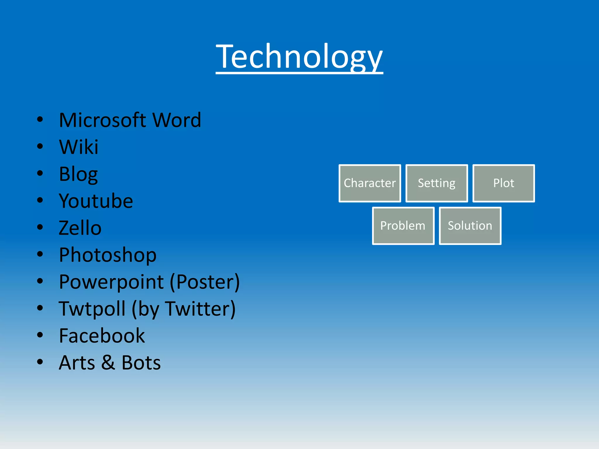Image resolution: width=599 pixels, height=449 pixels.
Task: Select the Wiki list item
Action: pyautogui.click(x=79, y=147)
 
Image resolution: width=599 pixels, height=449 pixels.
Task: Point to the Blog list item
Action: pyautogui.click(x=78, y=175)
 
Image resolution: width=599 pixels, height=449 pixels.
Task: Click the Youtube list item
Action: pyautogui.click(x=96, y=201)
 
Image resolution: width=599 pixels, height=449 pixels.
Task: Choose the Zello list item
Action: pyautogui.click(x=80, y=228)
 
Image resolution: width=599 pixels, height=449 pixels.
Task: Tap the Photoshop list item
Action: pyautogui.click(x=108, y=255)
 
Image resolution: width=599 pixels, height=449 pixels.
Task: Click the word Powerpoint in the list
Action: pyautogui.click(x=111, y=282)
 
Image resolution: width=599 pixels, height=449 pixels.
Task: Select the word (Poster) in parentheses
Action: pyautogui.click(x=205, y=282)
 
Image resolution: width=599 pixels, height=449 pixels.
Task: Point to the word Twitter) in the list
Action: pyautogui.click(x=200, y=309)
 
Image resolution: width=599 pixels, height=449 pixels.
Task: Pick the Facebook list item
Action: pyautogui.click(x=102, y=336)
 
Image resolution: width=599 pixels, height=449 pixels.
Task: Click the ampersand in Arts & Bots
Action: pyautogui.click(x=108, y=363)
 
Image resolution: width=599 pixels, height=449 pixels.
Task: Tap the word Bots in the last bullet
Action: pyautogui.click(x=141, y=363)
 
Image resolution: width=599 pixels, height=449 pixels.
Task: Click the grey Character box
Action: pyautogui.click(x=370, y=183)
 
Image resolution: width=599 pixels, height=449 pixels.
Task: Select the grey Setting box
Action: pyautogui.click(x=437, y=183)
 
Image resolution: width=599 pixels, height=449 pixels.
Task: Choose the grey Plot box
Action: pyautogui.click(x=504, y=183)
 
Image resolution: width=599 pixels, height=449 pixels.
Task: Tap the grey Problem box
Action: pyautogui.click(x=403, y=226)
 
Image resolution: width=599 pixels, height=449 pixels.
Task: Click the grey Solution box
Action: pyautogui.click(x=470, y=226)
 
